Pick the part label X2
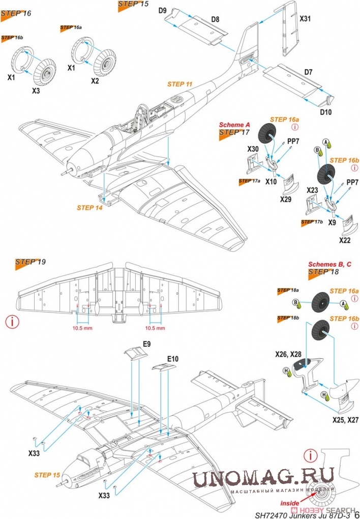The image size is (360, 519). point(96,81)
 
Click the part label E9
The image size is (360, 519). point(146,344)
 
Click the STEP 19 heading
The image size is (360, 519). point(31,262)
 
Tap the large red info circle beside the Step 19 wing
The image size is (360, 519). point(12,322)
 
